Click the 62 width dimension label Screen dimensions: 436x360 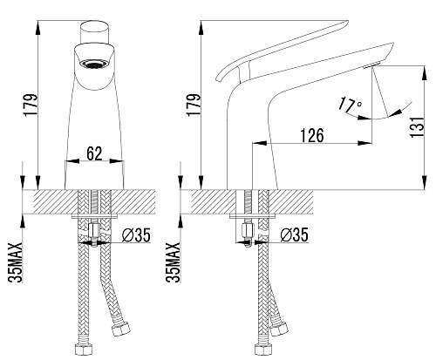coord(94,153)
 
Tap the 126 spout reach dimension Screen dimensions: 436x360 coord(312,135)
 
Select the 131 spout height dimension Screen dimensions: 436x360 coord(418,127)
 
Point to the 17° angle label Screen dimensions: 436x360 coord(351,106)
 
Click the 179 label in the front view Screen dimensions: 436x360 coord(31,105)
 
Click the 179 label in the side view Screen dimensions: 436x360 coord(194,105)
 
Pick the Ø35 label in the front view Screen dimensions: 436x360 coord(136,235)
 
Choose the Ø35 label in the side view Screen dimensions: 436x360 coord(294,235)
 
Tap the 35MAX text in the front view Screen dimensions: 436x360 coord(15,262)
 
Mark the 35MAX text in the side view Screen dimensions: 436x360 coord(173,262)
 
